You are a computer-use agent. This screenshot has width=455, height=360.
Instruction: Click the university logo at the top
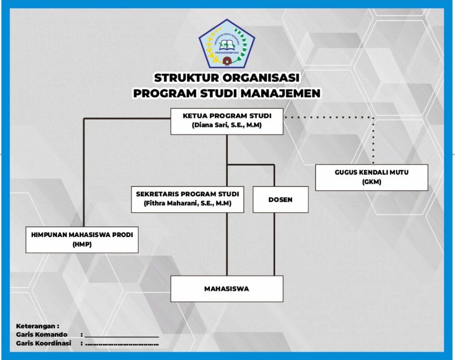[227, 44]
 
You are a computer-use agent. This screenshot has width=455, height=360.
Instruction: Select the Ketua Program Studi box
[227, 121]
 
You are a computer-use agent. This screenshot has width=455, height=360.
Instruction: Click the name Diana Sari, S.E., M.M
[227, 126]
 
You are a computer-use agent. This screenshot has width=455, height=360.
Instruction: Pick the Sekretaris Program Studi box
[188, 199]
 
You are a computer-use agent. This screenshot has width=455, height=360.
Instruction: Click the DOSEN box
[280, 200]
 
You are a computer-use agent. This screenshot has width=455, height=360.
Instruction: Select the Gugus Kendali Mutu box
[371, 177]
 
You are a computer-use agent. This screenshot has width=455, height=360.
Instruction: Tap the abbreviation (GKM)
[371, 182]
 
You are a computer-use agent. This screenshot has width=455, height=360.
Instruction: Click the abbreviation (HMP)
[82, 244]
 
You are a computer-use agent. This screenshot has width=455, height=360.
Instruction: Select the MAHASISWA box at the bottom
[227, 289]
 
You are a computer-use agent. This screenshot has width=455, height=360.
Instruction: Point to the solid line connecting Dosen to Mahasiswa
[274, 244]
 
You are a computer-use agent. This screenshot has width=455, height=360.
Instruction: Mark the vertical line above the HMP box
[84, 173]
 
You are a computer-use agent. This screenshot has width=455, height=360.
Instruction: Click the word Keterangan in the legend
[37, 326]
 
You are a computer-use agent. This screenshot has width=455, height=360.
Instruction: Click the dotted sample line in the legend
[122, 344]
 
